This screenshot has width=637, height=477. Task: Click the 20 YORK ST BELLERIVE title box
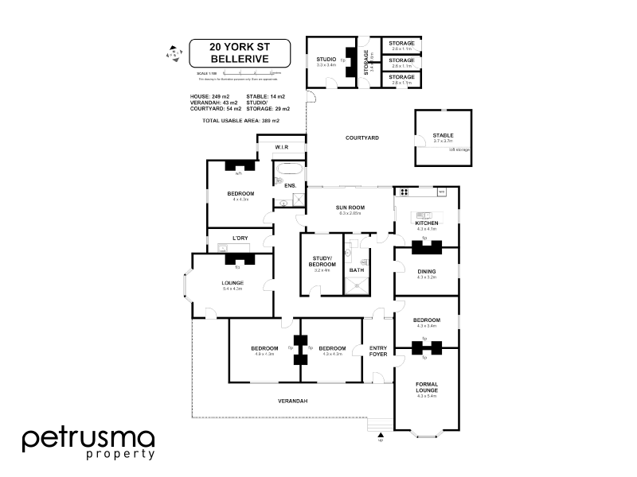coord(239,52)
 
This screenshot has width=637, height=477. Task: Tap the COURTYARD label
coord(361,138)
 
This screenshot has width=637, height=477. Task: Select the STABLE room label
coord(443,136)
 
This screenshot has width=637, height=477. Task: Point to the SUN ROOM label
coord(350,207)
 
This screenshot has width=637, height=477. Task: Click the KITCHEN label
coord(426,223)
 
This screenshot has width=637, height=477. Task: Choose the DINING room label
coord(426,271)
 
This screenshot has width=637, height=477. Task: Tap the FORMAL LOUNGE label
coord(427,388)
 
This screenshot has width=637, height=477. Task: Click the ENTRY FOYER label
coord(378,351)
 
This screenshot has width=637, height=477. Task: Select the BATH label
coord(356,270)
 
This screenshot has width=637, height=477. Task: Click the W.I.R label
coord(281,147)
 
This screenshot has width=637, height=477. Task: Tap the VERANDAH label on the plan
coord(291,400)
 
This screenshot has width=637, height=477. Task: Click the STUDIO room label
coord(326,59)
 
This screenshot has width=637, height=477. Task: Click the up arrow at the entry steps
coord(380,434)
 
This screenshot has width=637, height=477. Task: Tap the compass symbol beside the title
coord(170,54)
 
